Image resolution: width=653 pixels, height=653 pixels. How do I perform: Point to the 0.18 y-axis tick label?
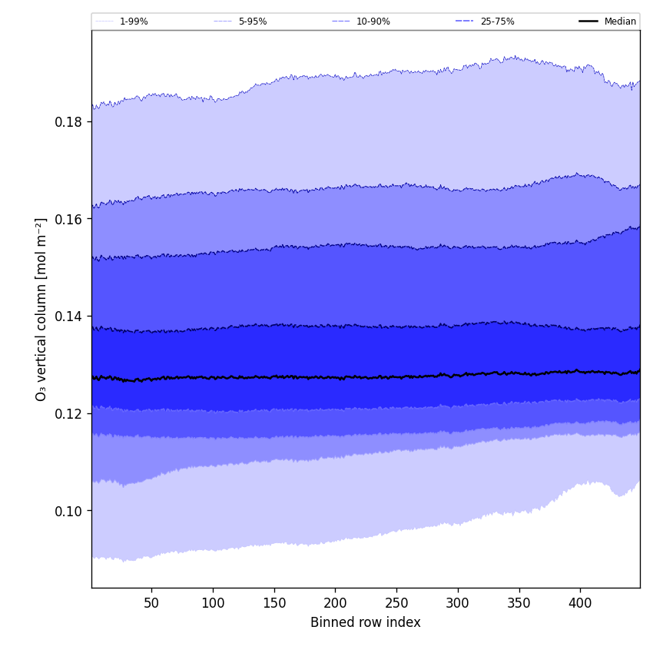pyautogui.click(x=69, y=121)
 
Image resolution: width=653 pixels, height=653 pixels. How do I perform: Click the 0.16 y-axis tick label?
pyautogui.click(x=69, y=219)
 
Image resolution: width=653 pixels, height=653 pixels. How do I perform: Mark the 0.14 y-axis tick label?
pyautogui.click(x=69, y=317)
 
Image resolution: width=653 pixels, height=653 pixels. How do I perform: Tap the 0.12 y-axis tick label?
pyautogui.click(x=69, y=414)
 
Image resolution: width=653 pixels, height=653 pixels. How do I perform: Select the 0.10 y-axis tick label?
pyautogui.click(x=69, y=511)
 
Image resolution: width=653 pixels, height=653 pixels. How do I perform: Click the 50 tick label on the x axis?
pyautogui.click(x=151, y=603)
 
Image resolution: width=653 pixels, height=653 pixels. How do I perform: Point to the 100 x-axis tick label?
pyautogui.click(x=213, y=603)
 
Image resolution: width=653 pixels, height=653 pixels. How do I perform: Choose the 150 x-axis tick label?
pyautogui.click(x=274, y=603)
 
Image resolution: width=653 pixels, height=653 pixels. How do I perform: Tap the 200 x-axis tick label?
pyautogui.click(x=335, y=603)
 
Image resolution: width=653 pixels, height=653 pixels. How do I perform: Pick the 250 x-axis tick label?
pyautogui.click(x=396, y=603)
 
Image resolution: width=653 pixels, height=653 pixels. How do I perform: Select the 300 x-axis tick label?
pyautogui.click(x=458, y=603)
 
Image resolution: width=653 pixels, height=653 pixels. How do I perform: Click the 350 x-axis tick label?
pyautogui.click(x=519, y=603)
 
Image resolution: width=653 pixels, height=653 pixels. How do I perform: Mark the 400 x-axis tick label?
pyautogui.click(x=580, y=603)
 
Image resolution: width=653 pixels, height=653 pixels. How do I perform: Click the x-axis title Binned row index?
pyautogui.click(x=366, y=623)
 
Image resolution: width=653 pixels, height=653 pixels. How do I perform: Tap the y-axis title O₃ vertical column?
pyautogui.click(x=41, y=309)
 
